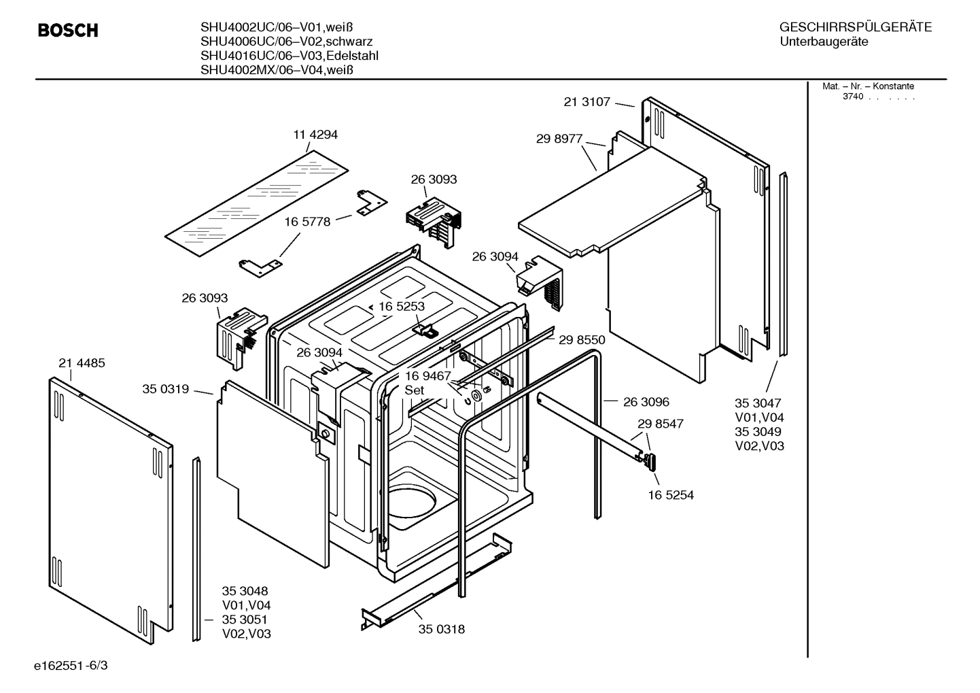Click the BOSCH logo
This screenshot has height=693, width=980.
click(x=68, y=31)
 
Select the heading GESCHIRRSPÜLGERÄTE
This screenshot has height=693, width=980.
click(x=855, y=27)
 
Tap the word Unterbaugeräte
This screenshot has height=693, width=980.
click(x=824, y=41)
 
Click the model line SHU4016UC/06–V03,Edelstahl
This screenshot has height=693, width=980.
click(x=289, y=56)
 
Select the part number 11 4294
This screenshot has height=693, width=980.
click(x=315, y=135)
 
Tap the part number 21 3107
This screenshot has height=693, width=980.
click(x=587, y=102)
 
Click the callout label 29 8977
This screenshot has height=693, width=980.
click(x=559, y=139)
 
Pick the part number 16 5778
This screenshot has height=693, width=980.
click(x=307, y=222)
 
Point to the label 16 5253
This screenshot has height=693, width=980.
click(x=402, y=306)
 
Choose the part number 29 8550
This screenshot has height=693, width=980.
click(x=582, y=339)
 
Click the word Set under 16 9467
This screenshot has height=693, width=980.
click(x=414, y=390)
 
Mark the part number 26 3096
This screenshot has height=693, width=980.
click(x=646, y=402)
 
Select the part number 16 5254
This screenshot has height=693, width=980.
click(x=671, y=495)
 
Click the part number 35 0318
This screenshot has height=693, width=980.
click(x=442, y=629)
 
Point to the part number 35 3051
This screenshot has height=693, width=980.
click(x=245, y=620)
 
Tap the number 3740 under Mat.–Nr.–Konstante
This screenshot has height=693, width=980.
click(x=853, y=97)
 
